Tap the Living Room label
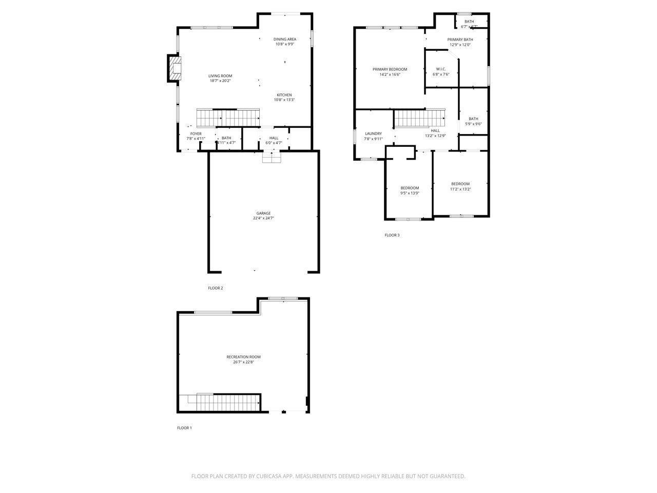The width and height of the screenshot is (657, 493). (x=220, y=76)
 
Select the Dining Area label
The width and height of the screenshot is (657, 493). (x=284, y=39)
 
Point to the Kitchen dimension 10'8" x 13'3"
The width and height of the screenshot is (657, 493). (x=284, y=100)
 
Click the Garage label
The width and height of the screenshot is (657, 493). (x=263, y=213)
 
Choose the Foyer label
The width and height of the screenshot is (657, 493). (x=196, y=134)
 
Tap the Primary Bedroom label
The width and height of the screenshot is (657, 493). (x=390, y=69)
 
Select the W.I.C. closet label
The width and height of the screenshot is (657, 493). (x=441, y=69)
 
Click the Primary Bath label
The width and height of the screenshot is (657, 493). (x=460, y=40)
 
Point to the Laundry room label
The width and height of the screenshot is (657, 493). (x=373, y=134)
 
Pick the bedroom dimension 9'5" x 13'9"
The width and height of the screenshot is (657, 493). (x=410, y=193)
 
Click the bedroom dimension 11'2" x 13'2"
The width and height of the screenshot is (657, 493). (x=460, y=189)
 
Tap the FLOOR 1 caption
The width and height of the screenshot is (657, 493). (x=184, y=428)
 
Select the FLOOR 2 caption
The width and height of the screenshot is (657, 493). (x=215, y=288)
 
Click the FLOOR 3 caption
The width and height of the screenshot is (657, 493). (x=392, y=235)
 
